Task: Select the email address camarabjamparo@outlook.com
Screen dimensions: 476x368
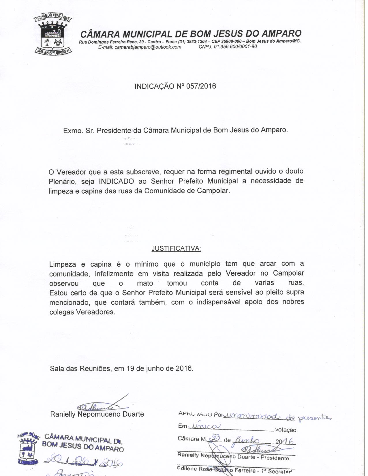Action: pyautogui.click(x=148, y=47)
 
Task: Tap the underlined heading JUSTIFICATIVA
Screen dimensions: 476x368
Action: pyautogui.click(x=176, y=248)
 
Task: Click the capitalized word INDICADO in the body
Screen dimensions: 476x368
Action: pyautogui.click(x=116, y=181)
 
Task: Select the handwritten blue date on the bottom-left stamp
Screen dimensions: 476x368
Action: pyautogui.click(x=84, y=463)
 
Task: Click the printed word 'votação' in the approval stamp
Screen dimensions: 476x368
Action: pyautogui.click(x=286, y=430)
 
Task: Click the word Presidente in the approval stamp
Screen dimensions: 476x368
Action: pyautogui.click(x=275, y=458)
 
